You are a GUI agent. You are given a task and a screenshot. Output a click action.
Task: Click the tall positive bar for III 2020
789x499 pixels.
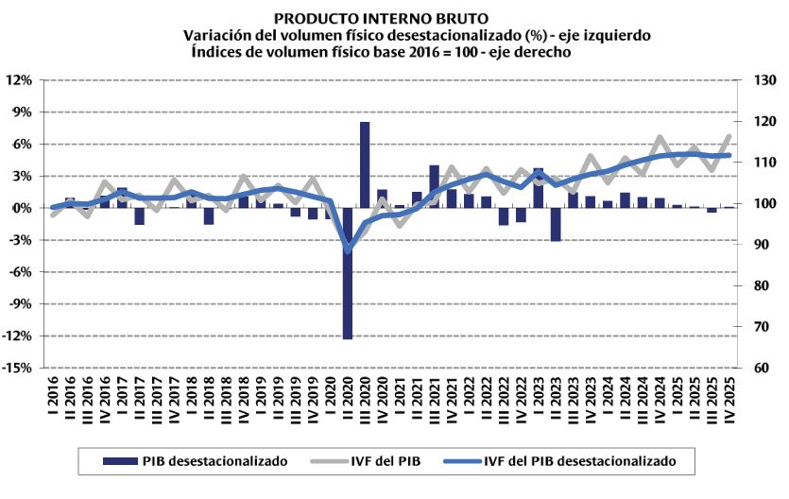(x=365, y=165)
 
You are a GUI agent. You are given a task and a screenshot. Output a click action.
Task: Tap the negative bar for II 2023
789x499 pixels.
(x=556, y=224)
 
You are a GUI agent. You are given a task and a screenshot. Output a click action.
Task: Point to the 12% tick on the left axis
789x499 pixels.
(x=20, y=79)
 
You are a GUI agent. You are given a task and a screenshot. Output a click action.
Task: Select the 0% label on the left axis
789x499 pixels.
(x=23, y=208)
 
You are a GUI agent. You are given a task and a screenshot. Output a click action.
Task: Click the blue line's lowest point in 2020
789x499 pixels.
(x=348, y=250)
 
